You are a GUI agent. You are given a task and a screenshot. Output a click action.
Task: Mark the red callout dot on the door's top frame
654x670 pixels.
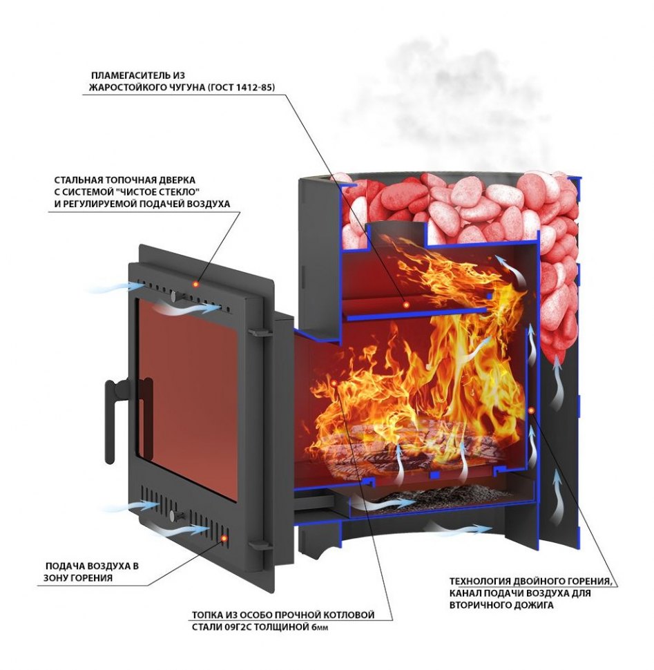(x=195, y=283)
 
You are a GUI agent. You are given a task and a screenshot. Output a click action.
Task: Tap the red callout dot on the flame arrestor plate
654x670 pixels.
(x=406, y=305)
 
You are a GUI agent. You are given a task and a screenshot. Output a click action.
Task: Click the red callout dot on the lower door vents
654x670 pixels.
(x=223, y=539)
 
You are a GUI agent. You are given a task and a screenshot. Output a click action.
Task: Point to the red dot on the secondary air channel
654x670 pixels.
(x=531, y=410)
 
